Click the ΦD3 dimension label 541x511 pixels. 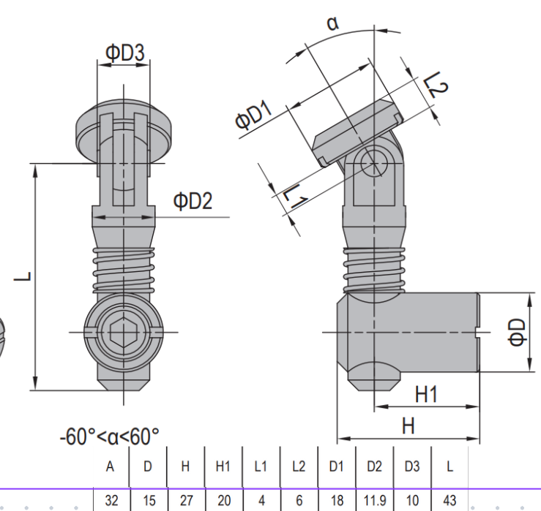pos(124,53)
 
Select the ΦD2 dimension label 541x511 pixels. pos(193,201)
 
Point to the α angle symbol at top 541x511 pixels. pos(333,23)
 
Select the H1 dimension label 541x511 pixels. pos(426,395)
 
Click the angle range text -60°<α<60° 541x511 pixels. pos(110,438)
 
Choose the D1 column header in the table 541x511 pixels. pos(336,467)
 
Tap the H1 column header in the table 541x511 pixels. pos(224,467)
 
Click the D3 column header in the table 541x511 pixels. pos(412,467)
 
